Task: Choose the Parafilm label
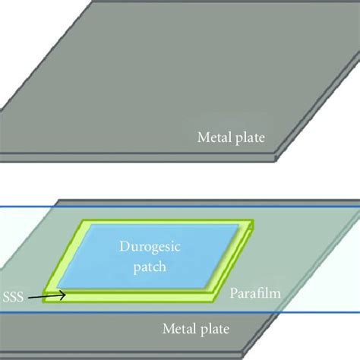click(x=251, y=292)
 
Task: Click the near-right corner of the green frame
click(x=215, y=292)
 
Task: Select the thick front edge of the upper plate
click(x=114, y=157)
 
